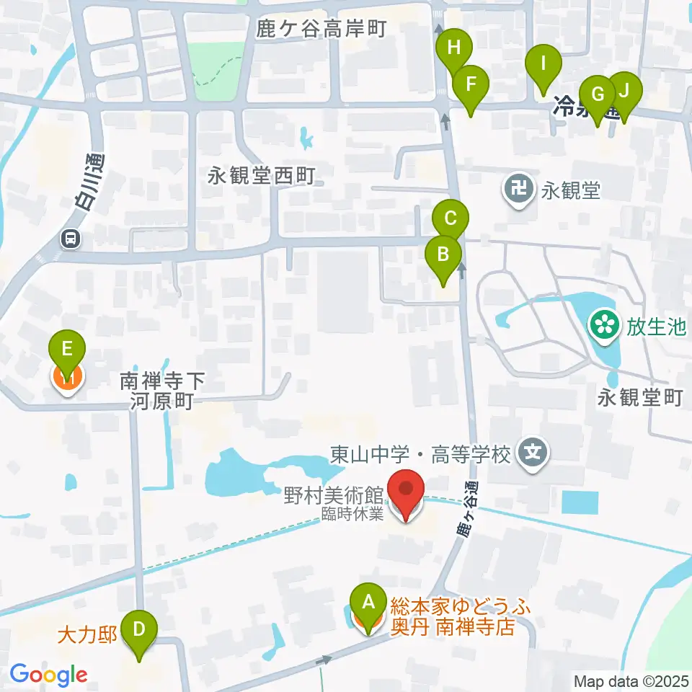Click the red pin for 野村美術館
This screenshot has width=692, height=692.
406,492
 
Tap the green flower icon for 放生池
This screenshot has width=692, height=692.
604,327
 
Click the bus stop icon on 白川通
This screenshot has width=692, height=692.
71,238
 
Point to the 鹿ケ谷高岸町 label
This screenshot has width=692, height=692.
321,29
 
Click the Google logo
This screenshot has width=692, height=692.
48,674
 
